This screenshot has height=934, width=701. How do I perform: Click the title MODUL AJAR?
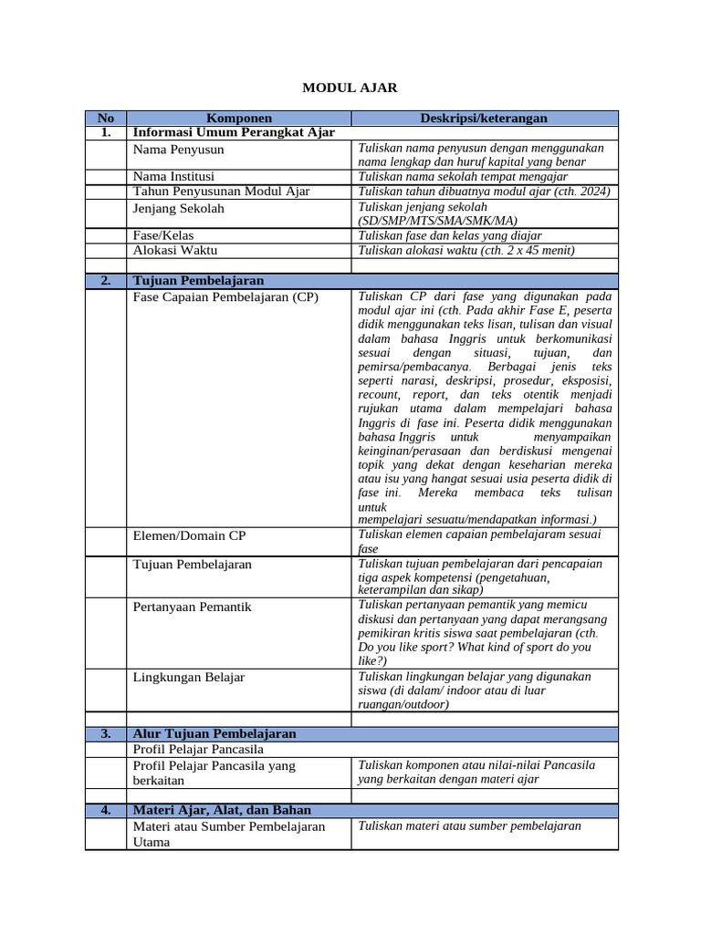coord(350,88)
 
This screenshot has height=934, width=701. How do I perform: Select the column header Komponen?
coord(239,119)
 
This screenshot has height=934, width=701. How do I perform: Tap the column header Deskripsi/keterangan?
coord(484,119)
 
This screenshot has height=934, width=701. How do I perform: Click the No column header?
coord(106,119)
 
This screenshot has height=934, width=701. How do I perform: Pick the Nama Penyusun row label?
coord(178,149)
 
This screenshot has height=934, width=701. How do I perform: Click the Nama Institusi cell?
coord(174,176)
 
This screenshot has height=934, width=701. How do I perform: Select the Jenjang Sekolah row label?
coord(178,208)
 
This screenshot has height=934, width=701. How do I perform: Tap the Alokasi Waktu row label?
coord(175,250)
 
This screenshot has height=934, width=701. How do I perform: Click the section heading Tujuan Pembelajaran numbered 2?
coord(198,281)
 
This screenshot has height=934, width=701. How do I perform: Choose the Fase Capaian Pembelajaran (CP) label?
coord(225,296)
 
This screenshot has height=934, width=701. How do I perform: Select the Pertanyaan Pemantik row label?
coord(193,607)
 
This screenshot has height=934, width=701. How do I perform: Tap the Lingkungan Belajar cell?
coord(189,678)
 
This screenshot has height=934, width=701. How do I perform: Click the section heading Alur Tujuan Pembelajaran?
coord(214,733)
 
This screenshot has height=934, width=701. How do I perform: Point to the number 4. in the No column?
coord(106,810)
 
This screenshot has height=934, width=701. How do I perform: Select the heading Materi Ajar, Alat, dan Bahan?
coord(222,810)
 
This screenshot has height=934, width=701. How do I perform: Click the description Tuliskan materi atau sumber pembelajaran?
coord(469,826)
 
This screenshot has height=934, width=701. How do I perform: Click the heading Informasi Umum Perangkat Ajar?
coord(234,132)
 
